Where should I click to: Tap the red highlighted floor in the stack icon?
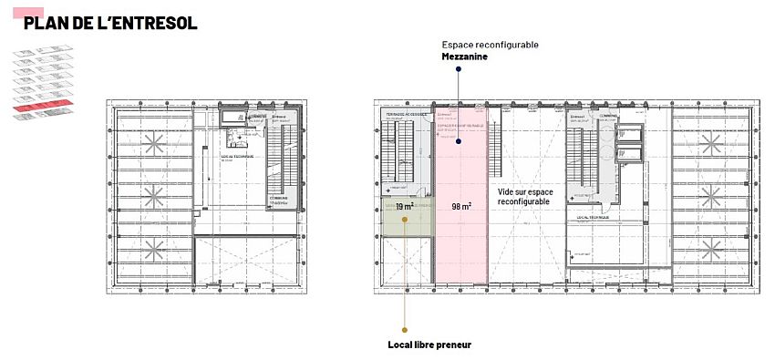(x=36, y=108)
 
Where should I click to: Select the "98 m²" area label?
(x=460, y=206)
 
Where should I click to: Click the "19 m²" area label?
(x=405, y=206)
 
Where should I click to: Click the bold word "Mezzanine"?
(x=464, y=57)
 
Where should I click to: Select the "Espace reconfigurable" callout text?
(x=490, y=44)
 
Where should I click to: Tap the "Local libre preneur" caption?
(x=429, y=345)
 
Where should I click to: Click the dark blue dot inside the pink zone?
(x=460, y=140)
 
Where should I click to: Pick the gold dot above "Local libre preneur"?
(x=405, y=329)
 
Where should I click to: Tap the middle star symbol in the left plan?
(x=152, y=194)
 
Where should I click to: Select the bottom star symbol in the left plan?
(x=152, y=247)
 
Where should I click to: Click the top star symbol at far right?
(x=712, y=142)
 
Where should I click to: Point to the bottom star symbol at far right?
(x=712, y=247)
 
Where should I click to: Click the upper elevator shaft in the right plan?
(x=628, y=133)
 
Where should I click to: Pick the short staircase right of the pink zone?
(x=497, y=155)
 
